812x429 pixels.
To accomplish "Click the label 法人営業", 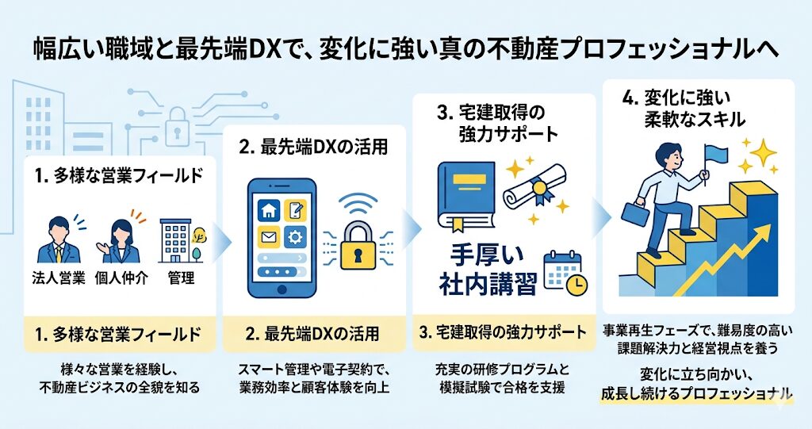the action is [59, 278].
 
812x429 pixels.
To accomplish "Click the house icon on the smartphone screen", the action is [270, 210].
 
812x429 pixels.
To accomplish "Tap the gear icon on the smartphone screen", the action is [295, 238].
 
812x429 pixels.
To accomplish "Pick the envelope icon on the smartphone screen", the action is [270, 238].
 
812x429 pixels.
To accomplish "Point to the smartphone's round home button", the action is [282, 289].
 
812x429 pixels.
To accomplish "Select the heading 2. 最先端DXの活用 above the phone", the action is [314, 147].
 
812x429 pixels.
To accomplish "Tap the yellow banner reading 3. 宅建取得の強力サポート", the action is [503, 332].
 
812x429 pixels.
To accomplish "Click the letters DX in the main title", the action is [272, 51].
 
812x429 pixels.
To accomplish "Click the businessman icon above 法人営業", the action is [59, 240].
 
